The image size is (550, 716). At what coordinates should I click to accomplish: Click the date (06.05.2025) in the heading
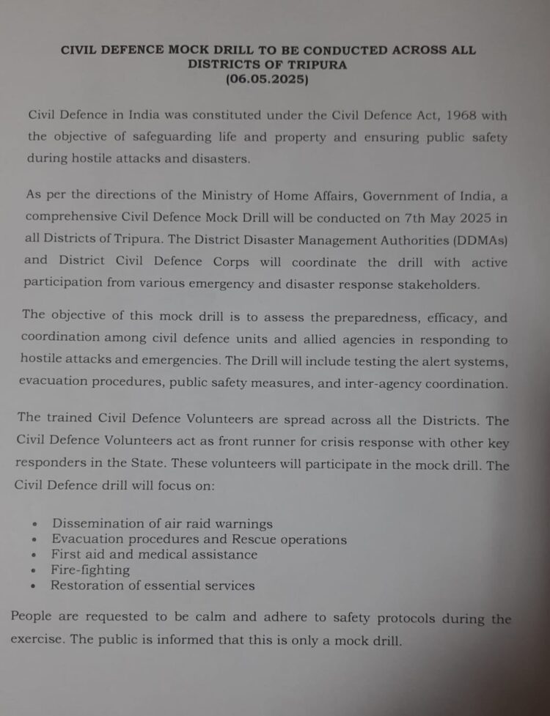pos(268,79)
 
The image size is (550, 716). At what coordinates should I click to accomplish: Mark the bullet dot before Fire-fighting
pos(34,571)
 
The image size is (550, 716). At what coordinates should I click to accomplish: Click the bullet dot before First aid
pos(34,556)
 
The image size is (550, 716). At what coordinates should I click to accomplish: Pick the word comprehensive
pos(70,218)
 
